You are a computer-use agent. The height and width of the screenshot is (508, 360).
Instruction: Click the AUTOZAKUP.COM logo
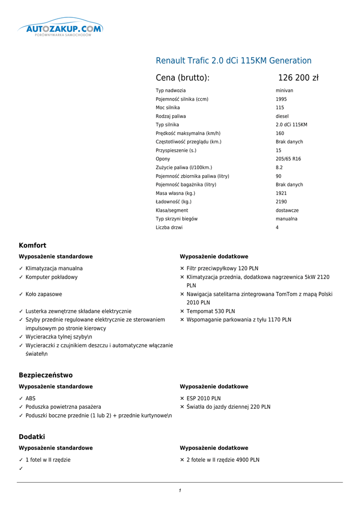click(60, 28)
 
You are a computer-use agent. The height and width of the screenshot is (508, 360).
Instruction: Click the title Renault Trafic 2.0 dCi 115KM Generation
click(233, 61)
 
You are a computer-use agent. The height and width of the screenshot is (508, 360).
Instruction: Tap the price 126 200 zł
click(298, 78)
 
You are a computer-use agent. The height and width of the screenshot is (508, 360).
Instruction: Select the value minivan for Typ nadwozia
click(285, 91)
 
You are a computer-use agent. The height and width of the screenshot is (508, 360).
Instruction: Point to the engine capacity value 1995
click(281, 99)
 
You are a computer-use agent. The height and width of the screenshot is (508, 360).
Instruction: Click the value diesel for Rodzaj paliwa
click(282, 116)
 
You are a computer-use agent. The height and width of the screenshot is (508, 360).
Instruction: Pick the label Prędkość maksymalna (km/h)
click(188, 133)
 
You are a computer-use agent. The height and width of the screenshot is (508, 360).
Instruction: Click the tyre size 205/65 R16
click(288, 159)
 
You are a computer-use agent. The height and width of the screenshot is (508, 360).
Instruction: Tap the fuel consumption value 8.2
click(279, 168)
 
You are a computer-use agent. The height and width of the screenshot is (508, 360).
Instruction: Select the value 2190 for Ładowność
click(281, 202)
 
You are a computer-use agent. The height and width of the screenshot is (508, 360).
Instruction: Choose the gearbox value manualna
click(287, 219)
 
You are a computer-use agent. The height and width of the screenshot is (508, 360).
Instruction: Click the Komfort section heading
click(32, 246)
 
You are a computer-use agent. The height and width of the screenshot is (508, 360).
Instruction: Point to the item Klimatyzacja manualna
click(54, 268)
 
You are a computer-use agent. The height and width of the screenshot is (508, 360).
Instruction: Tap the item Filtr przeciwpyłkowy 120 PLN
click(222, 268)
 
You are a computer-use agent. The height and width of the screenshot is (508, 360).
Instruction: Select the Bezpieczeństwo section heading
click(46, 376)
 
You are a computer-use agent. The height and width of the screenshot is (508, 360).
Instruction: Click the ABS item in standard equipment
click(30, 398)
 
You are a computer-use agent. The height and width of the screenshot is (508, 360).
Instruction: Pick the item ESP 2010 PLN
click(204, 398)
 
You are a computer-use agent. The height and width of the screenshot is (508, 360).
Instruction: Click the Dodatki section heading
click(32, 437)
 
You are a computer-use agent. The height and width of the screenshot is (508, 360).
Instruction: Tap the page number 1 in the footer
click(180, 491)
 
